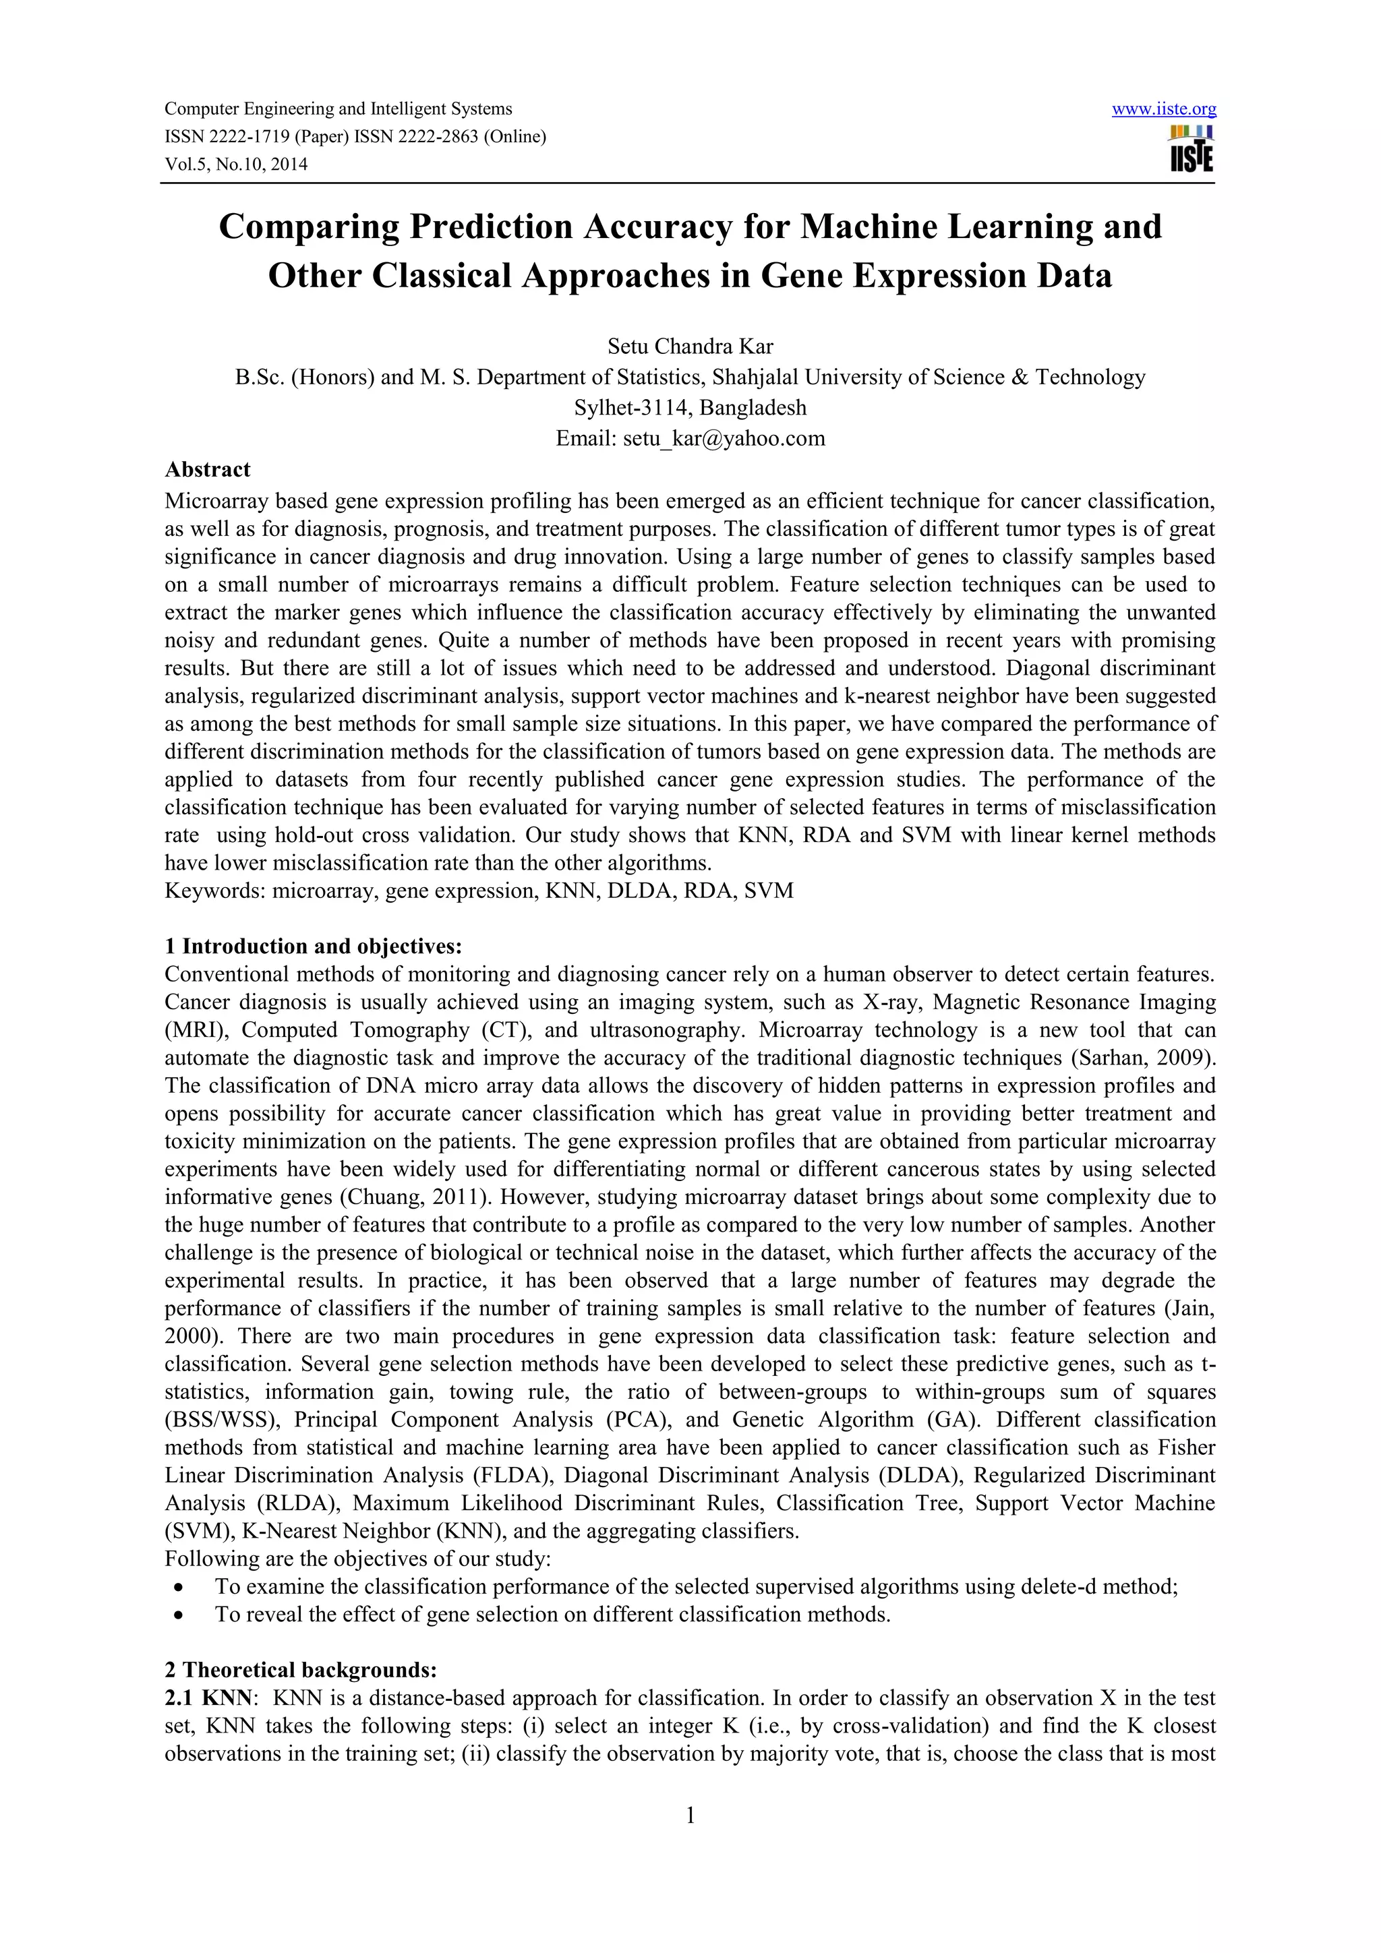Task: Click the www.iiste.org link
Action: tap(1163, 109)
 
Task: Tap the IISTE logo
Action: tap(1192, 150)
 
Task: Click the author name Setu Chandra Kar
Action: tap(690, 347)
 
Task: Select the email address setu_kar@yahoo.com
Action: tap(724, 438)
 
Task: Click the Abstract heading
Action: tap(208, 469)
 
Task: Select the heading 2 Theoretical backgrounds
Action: tap(300, 1670)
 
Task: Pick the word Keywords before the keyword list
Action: tap(212, 891)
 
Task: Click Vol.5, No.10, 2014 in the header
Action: tap(236, 164)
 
